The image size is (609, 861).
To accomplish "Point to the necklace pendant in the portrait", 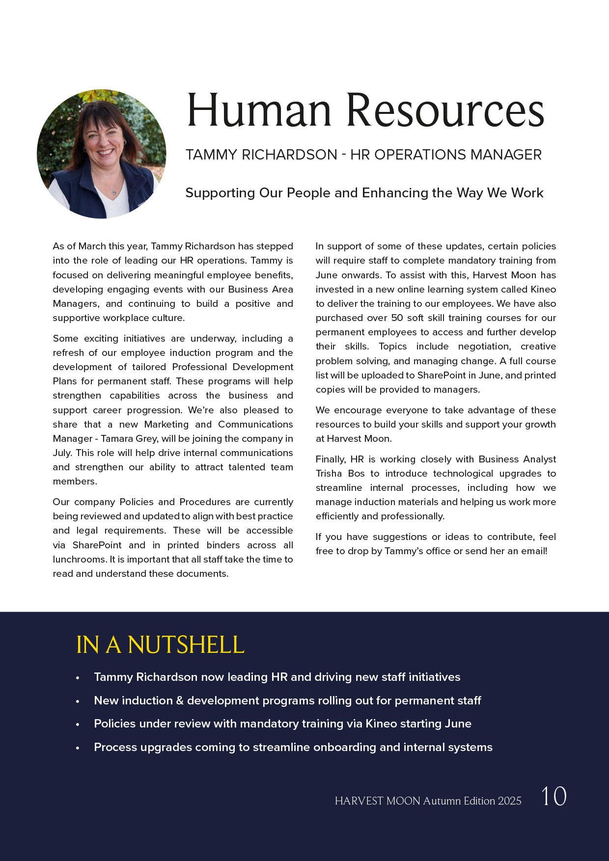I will [x=114, y=191].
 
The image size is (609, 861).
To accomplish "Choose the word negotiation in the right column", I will [x=484, y=347].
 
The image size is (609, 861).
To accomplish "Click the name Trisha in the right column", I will [x=329, y=474].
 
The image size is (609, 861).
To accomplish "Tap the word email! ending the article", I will [x=534, y=551].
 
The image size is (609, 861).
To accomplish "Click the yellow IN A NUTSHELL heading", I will [x=160, y=645].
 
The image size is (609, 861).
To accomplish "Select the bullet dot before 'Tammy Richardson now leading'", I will [x=78, y=678].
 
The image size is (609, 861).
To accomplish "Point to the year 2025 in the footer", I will [x=509, y=801].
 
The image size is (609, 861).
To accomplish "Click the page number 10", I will [x=554, y=796].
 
